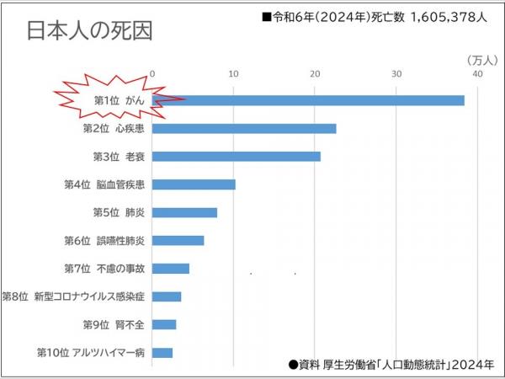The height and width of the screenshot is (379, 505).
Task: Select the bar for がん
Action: [x=308, y=100]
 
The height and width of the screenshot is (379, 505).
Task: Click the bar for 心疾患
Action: [x=244, y=129]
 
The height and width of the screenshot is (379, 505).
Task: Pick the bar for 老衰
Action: [x=237, y=157]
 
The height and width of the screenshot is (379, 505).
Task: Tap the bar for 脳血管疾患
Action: [x=194, y=184]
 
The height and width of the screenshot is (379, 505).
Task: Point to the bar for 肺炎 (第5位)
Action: [x=184, y=212]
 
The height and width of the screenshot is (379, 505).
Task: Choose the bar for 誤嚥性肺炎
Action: [x=178, y=241]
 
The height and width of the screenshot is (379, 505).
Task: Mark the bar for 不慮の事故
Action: [x=171, y=269]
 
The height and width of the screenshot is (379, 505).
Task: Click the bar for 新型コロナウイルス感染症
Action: [x=167, y=296]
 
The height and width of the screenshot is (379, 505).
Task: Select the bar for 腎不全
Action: [x=164, y=324]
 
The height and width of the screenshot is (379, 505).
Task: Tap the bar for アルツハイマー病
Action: [x=162, y=352]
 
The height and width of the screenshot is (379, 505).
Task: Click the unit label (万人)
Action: [x=481, y=60]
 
